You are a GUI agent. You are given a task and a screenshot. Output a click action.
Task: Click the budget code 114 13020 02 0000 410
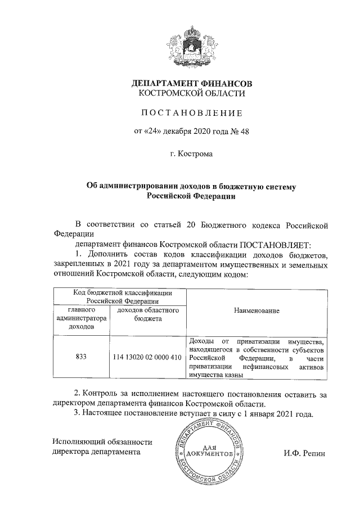click(147, 357)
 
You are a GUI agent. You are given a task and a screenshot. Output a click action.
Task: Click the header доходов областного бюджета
click(147, 314)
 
